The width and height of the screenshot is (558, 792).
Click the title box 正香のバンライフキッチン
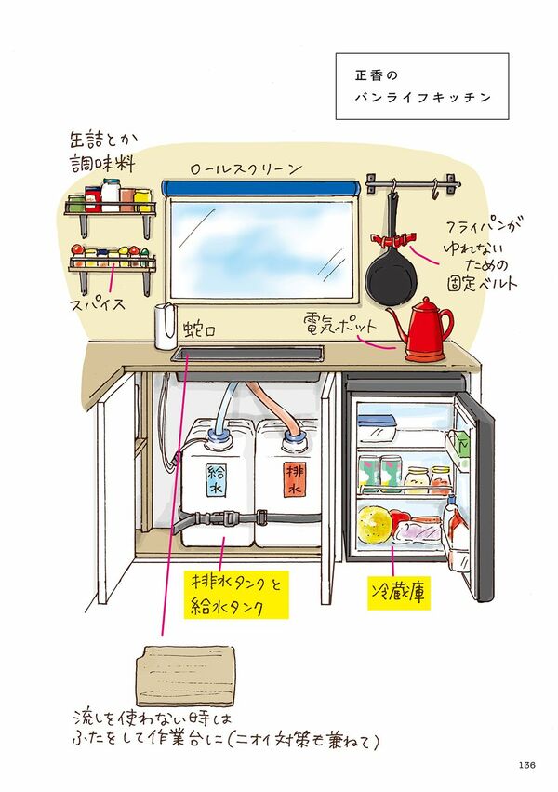[421, 86]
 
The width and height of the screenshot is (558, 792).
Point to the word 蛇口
[198, 329]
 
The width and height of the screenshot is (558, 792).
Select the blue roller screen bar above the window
[259, 186]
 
